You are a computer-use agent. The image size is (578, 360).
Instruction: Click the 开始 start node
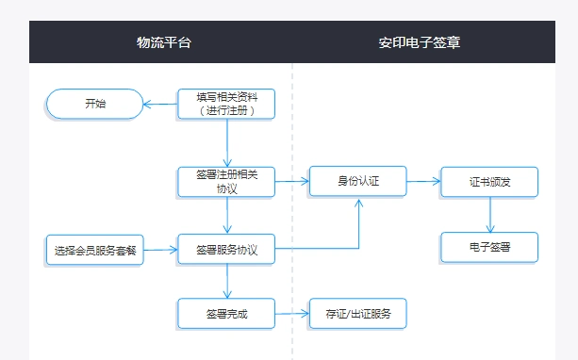coord(94,104)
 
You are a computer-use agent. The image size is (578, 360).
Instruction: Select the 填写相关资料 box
coord(226,104)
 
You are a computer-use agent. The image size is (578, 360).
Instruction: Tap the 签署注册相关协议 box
coord(226,181)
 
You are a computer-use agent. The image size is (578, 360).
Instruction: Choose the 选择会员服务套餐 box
coord(95,250)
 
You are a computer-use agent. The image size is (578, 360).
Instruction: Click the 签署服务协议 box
coord(226,250)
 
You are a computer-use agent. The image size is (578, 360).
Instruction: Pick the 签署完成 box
coord(226,313)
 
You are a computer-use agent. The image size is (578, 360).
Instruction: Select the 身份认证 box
coord(357,180)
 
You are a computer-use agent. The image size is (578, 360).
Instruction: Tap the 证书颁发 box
coord(488,181)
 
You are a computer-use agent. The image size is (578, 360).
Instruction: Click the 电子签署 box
coord(488,247)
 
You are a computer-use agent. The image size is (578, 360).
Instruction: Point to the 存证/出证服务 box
coord(357,313)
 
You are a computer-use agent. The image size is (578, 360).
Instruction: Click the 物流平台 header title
coord(170,42)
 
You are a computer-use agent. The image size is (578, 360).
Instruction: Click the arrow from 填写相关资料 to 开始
coord(160,104)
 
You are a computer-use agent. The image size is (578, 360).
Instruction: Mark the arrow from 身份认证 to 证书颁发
coord(423,180)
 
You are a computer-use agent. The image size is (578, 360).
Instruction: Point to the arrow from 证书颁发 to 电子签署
coord(489,215)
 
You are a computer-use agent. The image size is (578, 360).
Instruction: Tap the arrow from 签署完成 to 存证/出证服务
coord(292,313)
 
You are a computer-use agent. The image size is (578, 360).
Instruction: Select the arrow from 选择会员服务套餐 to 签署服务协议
coord(160,250)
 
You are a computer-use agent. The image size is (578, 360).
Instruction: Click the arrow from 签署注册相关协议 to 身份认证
coord(292,180)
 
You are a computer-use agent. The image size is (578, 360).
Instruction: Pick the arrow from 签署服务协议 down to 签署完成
coord(227,281)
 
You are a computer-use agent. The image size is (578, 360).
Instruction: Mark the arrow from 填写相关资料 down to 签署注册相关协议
coord(227,142)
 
